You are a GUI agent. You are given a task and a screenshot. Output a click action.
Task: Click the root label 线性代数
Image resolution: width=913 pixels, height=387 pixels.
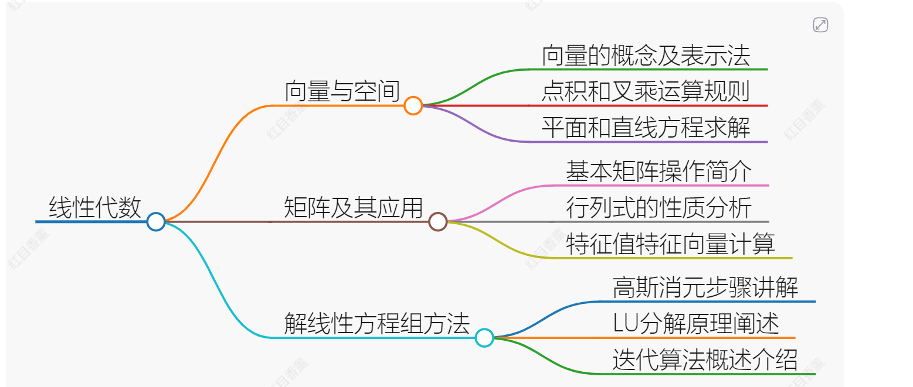point(95,207)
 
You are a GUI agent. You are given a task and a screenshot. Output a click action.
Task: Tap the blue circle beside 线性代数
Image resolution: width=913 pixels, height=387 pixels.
point(155,221)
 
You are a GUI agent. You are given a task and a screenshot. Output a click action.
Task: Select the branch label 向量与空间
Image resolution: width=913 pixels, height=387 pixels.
point(342,91)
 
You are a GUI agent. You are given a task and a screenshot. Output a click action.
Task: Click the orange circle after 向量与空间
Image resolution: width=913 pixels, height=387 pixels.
point(413,105)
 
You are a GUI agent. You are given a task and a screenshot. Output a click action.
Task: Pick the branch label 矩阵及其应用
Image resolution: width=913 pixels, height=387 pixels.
point(353,207)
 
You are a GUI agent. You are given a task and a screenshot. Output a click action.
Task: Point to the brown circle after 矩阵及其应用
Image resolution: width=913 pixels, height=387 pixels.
point(438,221)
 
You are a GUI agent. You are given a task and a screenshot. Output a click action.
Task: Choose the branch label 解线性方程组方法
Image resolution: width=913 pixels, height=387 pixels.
point(377,323)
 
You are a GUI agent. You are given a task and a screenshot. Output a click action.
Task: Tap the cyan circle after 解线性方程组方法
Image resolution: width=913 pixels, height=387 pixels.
point(484,338)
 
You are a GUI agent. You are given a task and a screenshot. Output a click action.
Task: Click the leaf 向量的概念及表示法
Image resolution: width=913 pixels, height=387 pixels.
point(646,55)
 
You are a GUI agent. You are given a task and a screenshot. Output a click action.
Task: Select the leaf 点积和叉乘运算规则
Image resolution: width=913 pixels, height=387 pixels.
point(646,92)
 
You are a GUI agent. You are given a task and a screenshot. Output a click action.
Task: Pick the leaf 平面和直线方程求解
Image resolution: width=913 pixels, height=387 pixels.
point(646,128)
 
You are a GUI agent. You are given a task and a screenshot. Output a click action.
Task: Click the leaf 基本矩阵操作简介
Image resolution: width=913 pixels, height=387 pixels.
point(659,171)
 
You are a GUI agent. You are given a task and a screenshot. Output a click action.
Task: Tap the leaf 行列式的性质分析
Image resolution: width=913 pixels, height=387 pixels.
point(659,207)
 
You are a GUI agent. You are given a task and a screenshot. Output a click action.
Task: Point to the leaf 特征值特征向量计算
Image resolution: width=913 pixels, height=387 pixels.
point(670,244)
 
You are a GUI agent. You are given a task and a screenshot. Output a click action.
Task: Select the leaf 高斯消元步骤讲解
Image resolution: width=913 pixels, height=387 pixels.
point(705,287)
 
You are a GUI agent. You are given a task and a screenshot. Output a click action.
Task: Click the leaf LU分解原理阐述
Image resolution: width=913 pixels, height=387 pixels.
point(695,324)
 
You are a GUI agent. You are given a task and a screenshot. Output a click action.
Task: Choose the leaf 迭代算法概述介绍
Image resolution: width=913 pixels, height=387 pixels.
point(705,359)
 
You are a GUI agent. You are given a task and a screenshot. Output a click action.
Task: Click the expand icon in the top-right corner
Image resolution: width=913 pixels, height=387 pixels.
point(820,25)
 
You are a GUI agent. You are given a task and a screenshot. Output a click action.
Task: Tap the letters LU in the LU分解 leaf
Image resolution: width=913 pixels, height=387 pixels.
point(626,324)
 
